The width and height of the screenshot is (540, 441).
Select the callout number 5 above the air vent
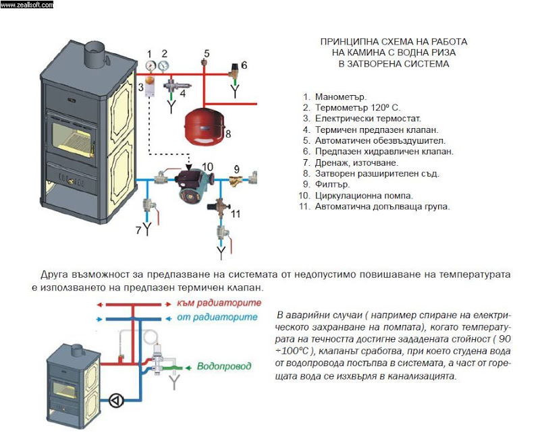click(x=207, y=53)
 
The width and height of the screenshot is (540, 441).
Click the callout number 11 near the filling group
click(x=235, y=214)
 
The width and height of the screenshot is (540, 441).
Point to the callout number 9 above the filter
click(x=236, y=168)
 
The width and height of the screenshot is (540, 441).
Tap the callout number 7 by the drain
click(x=138, y=231)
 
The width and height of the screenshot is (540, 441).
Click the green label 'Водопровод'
click(x=224, y=366)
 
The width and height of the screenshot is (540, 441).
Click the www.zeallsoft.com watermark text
click(x=27, y=4)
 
